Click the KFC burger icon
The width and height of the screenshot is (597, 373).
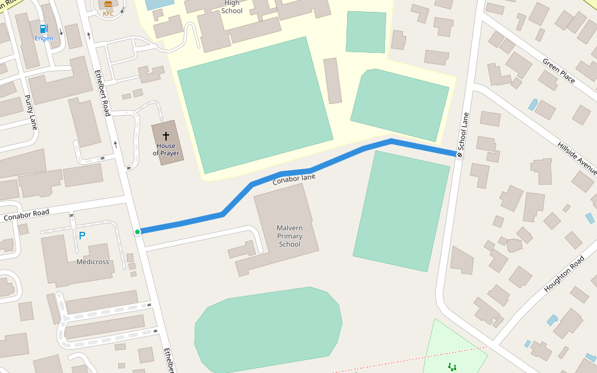108,5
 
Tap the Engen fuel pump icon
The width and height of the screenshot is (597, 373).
44,29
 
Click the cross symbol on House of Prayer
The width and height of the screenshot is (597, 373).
166,136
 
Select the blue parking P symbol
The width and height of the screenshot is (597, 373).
81,236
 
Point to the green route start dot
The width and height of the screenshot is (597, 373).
137,232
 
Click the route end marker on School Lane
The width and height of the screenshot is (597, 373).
460,154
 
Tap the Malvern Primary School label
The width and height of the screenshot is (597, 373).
289,236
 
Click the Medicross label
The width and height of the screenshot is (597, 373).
93,262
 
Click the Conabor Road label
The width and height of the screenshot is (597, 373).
26,215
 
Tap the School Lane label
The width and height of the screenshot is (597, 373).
463,131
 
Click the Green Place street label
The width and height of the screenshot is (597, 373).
559,71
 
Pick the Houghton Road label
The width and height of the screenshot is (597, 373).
565,274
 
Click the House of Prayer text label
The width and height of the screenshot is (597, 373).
166,149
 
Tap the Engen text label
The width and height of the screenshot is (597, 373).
44,39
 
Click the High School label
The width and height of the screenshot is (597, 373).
231,7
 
